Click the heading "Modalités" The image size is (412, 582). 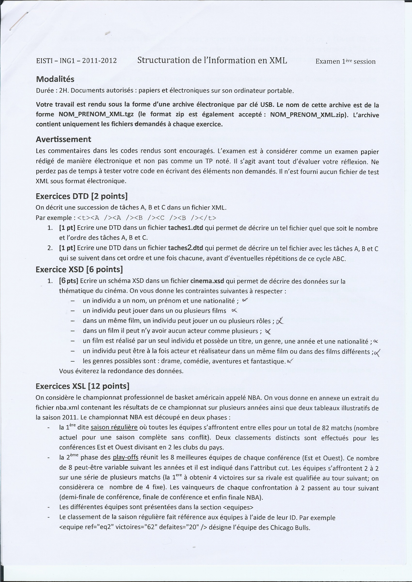click(55, 79)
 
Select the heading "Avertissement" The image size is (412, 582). click(63, 139)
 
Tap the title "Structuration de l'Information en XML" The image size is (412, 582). click(212, 60)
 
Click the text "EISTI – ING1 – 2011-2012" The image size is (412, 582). click(76, 61)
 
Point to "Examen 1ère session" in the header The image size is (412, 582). click(345, 61)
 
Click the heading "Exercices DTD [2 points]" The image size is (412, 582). click(81, 196)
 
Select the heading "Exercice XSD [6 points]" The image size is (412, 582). click(79, 269)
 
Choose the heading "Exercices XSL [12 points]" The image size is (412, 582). click(82, 386)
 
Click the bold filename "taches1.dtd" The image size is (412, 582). click(185, 228)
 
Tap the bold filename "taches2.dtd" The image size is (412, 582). click(185, 248)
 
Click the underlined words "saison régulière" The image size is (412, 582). click(114, 428)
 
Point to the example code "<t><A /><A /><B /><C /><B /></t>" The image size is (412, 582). click(147, 218)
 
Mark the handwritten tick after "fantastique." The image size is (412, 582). click(290, 360)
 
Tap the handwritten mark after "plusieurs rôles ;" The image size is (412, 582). click(280, 321)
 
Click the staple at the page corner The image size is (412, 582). click(18, 22)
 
